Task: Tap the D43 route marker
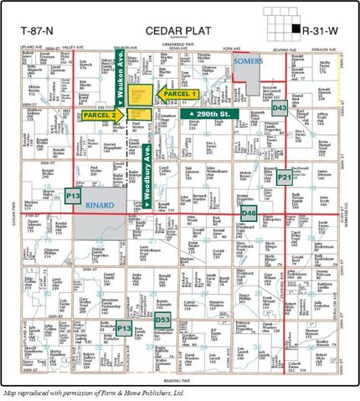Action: tap(280, 109)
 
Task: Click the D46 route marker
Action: tap(248, 213)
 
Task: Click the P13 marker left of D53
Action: tap(124, 325)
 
